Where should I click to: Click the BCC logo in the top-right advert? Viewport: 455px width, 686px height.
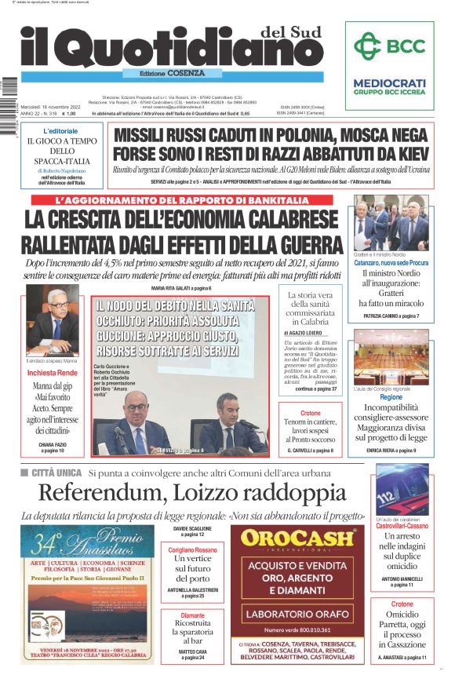(389, 49)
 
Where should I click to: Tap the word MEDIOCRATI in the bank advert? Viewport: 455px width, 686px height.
(389, 83)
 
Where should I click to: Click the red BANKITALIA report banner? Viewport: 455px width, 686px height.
(181, 201)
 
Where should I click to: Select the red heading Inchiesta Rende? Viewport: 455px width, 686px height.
(52, 373)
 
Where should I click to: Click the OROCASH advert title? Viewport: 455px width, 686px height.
(297, 539)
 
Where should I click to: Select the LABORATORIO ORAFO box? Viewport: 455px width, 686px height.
(297, 612)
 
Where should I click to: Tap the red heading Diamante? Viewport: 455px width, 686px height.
(191, 615)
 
